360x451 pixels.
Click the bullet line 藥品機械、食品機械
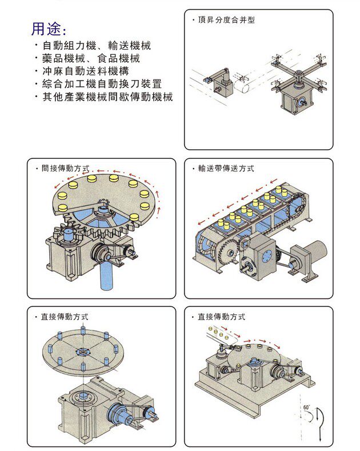coord(91,58)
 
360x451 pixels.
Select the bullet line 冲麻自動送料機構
coord(85,71)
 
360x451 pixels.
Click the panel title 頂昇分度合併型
coord(226,20)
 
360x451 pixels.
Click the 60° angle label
coord(306,408)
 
